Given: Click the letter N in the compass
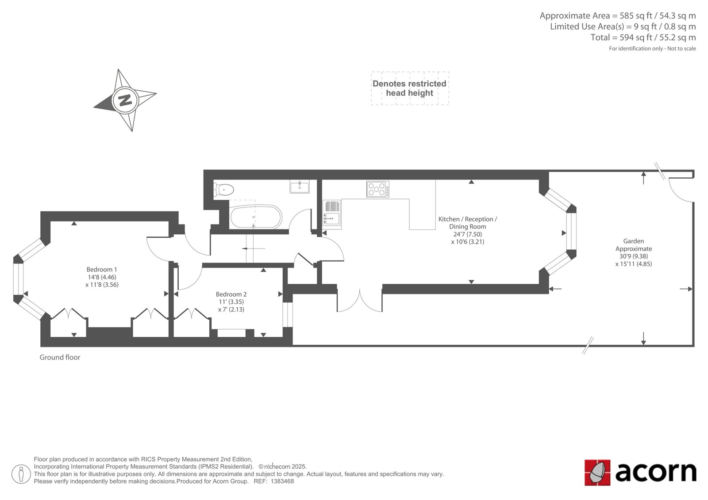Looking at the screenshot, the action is coord(125,100).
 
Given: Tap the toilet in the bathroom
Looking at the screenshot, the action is coord(224,190).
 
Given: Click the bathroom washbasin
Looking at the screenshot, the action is coord(300,187).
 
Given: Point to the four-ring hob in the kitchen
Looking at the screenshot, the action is coord(378,189).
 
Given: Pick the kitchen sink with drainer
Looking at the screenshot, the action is coord(331,213).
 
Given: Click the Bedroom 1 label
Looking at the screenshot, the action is coord(102,269).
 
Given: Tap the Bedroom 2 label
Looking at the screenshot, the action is coord(231,294).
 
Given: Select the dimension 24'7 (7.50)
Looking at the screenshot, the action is coord(467,234).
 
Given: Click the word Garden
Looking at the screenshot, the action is coord(633,241).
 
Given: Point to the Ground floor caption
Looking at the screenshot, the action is coord(60,357).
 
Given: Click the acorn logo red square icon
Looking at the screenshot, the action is coord(597,472).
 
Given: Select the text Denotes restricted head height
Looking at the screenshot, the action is coord(409,88).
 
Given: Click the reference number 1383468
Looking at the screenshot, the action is coord(282,481).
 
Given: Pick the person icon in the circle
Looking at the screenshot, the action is coord(21,474).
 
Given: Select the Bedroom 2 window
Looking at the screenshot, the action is coord(287,315).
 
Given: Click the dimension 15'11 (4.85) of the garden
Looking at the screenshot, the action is coord(633,264).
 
